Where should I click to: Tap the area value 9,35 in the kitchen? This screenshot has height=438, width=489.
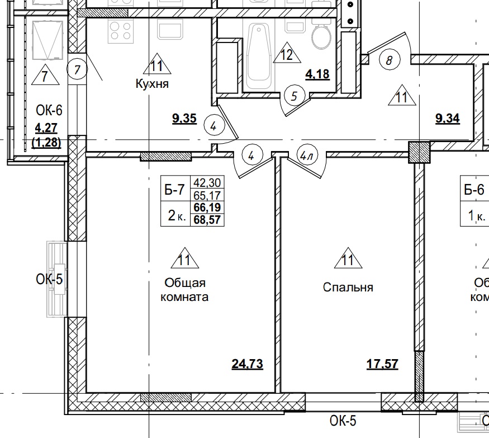point(184,119)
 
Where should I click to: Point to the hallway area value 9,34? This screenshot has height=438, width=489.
point(447,119)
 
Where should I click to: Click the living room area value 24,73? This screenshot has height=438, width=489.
point(247,365)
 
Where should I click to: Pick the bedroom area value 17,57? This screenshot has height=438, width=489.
point(382,365)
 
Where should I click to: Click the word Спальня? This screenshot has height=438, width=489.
point(348,288)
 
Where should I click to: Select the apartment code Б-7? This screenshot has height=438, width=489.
point(174,190)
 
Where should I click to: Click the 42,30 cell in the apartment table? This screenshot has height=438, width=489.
point(207,183)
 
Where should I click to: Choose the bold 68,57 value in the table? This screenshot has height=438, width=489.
point(207,219)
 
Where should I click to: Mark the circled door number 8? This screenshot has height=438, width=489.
point(389,59)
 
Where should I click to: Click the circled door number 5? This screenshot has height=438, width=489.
point(294,96)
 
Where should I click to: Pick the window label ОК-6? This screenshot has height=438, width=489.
point(48,110)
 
